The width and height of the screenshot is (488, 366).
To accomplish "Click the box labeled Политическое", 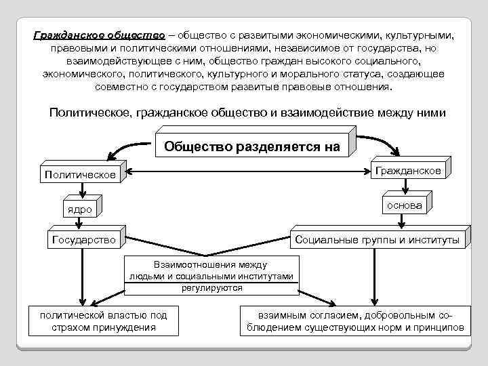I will point(80,175).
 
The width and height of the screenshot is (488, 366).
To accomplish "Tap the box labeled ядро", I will point(79,209).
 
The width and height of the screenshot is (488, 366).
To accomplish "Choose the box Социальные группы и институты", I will point(377,239).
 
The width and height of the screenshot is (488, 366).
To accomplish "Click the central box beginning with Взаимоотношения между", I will point(211,276).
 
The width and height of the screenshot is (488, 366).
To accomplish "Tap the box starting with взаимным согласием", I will point(353,321).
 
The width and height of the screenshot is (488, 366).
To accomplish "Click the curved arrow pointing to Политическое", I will point(136,144).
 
